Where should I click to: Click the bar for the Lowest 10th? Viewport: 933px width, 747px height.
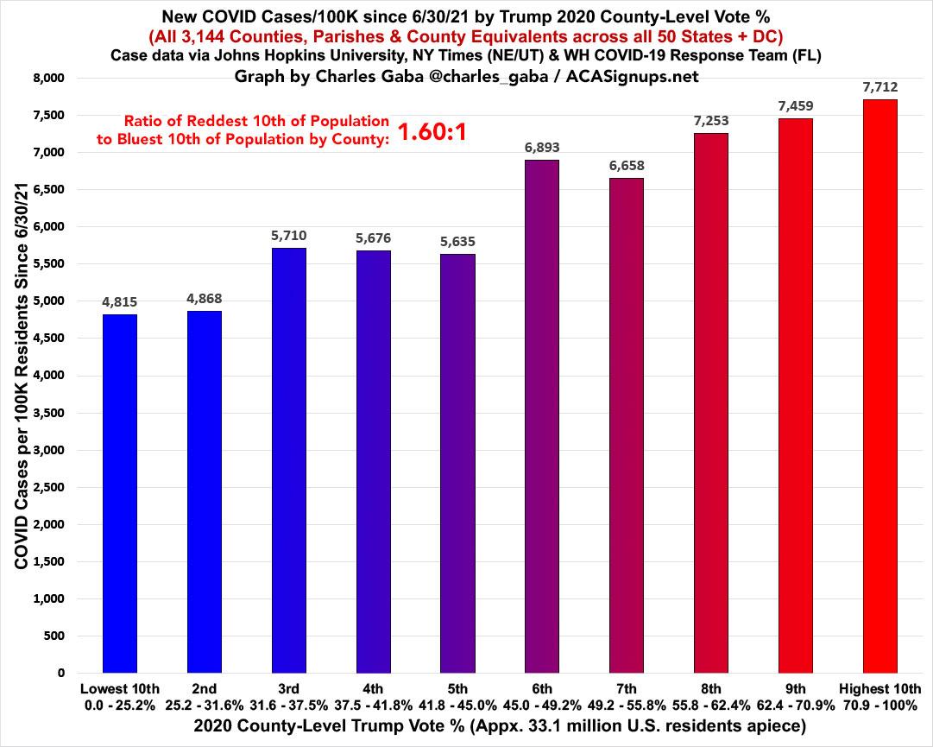click(119, 493)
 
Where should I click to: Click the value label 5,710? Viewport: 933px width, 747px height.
click(288, 235)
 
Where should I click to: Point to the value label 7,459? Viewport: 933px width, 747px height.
click(796, 105)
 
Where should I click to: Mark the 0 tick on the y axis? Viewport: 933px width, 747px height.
click(60, 673)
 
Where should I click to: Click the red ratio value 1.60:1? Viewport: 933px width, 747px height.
click(431, 132)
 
